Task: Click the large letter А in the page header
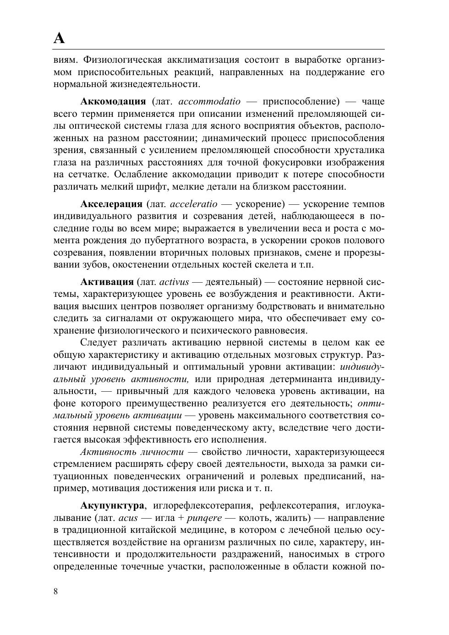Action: tap(59, 38)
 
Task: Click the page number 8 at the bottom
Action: tap(56, 591)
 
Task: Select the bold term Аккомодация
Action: tap(113, 101)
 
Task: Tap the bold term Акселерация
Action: tap(111, 204)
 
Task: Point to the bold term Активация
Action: tap(107, 282)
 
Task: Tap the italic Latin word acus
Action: tap(128, 518)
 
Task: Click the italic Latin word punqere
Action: tap(204, 518)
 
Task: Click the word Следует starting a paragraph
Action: tap(99, 343)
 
